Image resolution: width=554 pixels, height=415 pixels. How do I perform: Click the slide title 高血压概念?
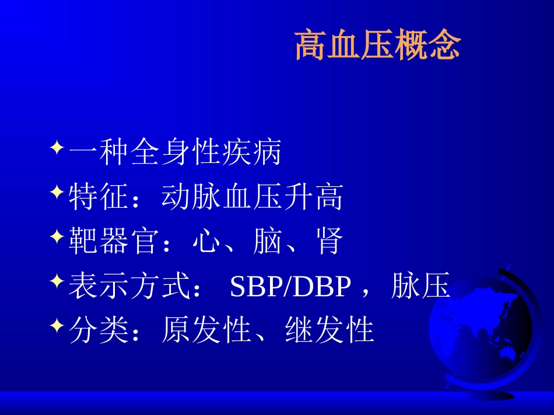[378, 47]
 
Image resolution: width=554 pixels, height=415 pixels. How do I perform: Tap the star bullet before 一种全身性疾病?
[57, 146]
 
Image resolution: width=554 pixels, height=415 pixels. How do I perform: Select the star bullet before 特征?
[57, 191]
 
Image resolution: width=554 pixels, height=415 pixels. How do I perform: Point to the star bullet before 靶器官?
[57, 236]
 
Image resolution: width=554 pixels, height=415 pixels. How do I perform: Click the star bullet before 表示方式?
[57, 281]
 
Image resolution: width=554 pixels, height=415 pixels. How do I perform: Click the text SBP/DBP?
[291, 288]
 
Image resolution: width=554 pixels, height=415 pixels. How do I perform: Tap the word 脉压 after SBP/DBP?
[420, 286]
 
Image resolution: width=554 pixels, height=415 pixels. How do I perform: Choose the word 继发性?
[329, 331]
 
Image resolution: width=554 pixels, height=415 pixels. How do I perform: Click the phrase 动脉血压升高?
[252, 198]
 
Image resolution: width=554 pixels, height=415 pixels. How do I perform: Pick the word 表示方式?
[129, 288]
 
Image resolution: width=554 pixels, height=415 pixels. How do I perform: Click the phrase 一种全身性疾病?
[175, 153]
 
